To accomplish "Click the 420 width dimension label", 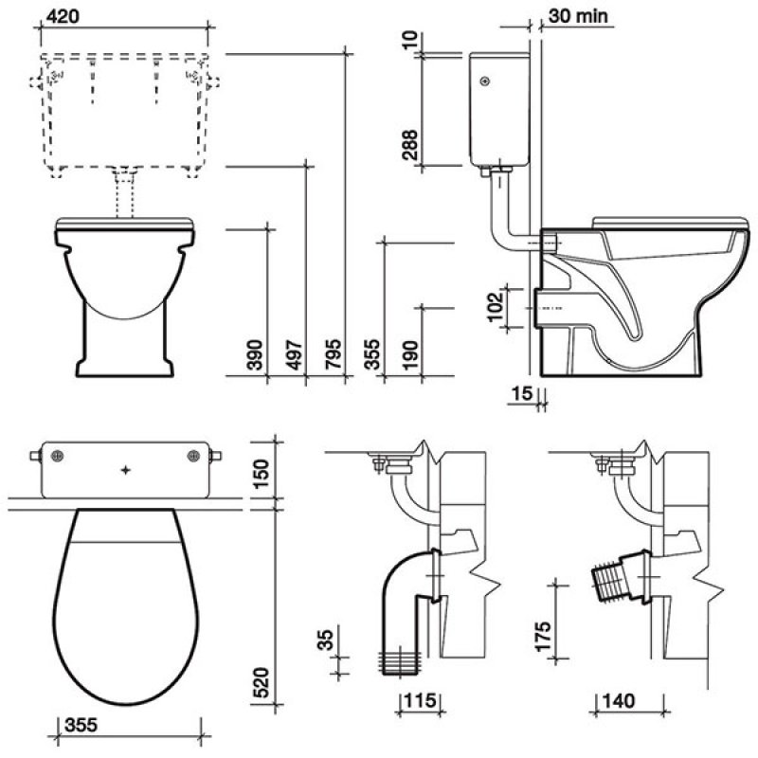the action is click(x=63, y=15).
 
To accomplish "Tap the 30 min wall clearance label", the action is click(x=578, y=16).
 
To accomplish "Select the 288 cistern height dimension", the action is click(x=409, y=145).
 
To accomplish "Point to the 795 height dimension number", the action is click(x=333, y=354).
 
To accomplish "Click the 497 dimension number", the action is click(x=294, y=354).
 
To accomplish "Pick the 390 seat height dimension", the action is click(x=254, y=354).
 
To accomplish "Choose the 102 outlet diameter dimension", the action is click(x=495, y=306).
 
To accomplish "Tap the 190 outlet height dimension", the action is click(x=410, y=354).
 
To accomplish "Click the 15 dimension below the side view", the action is click(x=522, y=393).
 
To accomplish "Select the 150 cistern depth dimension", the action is click(x=261, y=474).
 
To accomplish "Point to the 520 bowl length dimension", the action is click(x=261, y=682).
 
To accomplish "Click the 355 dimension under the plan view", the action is click(x=81, y=725).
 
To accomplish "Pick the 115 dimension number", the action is click(x=420, y=700).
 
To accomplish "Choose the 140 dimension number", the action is click(x=620, y=700).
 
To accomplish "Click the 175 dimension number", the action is click(x=543, y=636).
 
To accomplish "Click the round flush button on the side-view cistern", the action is click(x=485, y=81).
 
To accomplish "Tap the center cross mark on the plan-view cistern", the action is click(x=126, y=470).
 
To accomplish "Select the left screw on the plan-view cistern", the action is click(x=58, y=456).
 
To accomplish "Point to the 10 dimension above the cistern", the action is click(x=409, y=40).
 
